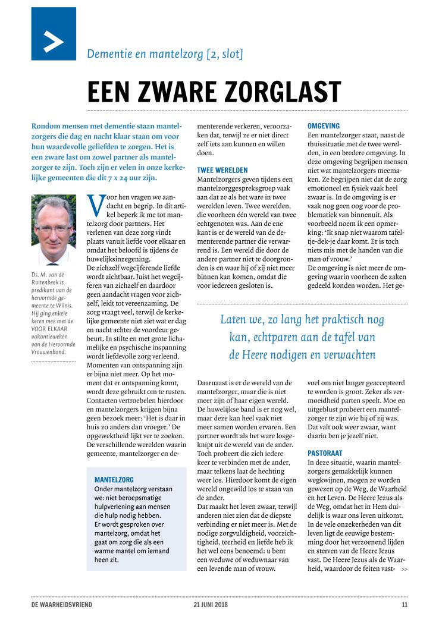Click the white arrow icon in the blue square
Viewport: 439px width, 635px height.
click(x=54, y=40)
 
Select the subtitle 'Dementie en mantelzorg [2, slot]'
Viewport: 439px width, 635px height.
click(x=165, y=54)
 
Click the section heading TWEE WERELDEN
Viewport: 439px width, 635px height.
click(x=222, y=171)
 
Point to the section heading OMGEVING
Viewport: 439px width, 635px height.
click(x=323, y=126)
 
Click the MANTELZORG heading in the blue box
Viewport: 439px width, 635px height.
click(x=114, y=479)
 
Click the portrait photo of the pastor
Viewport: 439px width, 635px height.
click(x=54, y=230)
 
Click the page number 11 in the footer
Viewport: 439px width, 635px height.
click(x=404, y=605)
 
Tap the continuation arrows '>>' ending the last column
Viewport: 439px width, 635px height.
click(x=404, y=570)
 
